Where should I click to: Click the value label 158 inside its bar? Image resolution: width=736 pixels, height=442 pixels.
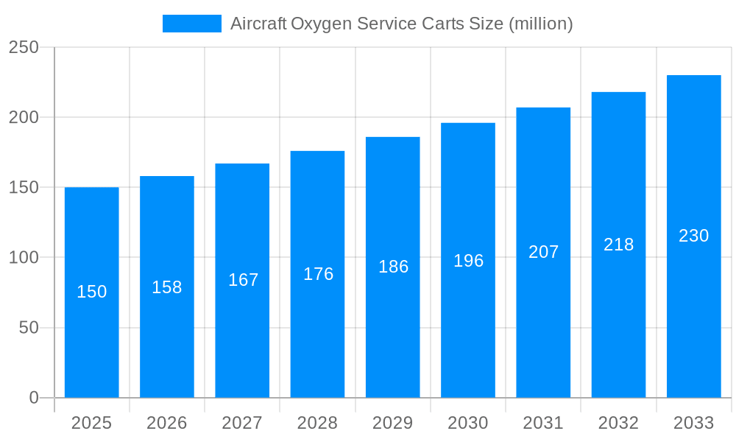167,287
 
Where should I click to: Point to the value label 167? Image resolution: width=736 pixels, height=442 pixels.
244,280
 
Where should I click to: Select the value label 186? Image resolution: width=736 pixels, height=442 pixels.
393,267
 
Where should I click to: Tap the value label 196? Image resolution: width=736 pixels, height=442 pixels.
468,261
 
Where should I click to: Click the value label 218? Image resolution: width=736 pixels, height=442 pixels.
618,245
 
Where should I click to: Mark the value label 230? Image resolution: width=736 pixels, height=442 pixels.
693,236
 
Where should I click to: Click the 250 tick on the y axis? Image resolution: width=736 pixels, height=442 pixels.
24,47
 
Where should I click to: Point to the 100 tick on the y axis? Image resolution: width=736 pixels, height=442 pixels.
24,258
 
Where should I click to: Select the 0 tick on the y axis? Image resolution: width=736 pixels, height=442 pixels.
34,398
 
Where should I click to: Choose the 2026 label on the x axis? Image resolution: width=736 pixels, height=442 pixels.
167,423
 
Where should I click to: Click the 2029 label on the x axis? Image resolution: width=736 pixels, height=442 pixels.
392,423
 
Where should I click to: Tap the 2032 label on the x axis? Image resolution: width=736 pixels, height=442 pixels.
618,423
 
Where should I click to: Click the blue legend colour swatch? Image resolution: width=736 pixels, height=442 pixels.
191,24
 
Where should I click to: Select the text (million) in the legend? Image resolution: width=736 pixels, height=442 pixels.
541,24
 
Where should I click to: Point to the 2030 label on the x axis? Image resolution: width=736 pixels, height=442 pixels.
468,423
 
